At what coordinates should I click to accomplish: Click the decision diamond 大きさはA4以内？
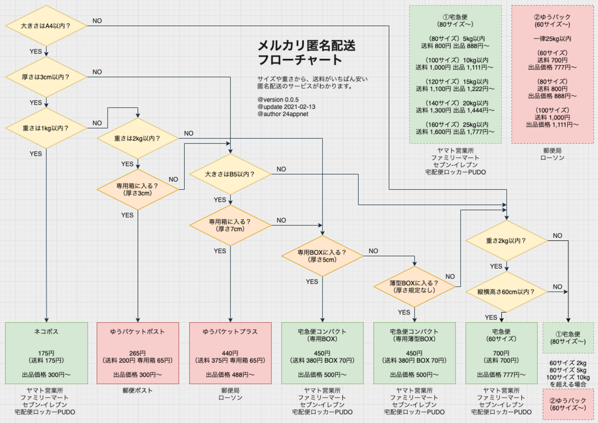pos(46,26)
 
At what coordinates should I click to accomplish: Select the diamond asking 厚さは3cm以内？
pos(46,77)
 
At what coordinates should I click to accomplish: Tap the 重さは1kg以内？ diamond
pos(46,128)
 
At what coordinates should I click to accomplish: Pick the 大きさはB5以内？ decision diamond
pos(230,174)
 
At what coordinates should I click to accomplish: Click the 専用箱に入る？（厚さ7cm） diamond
pos(230,225)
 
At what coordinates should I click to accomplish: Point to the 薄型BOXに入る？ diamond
pos(414,286)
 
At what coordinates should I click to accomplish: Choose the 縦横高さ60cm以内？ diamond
pos(506,292)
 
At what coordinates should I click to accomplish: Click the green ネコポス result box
pos(46,353)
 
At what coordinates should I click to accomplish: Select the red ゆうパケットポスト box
pos(138,353)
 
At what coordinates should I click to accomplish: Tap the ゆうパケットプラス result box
pos(230,353)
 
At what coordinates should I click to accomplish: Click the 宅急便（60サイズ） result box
pos(501,353)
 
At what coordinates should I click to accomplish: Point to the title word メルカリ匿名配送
pos(306,46)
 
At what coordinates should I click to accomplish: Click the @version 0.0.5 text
pos(278,99)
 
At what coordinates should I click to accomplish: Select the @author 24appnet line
pos(283,114)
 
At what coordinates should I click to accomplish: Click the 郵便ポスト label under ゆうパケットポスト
pos(138,390)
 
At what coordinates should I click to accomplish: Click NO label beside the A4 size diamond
pos(97,21)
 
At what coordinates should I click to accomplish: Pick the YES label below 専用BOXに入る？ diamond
pos(312,281)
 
